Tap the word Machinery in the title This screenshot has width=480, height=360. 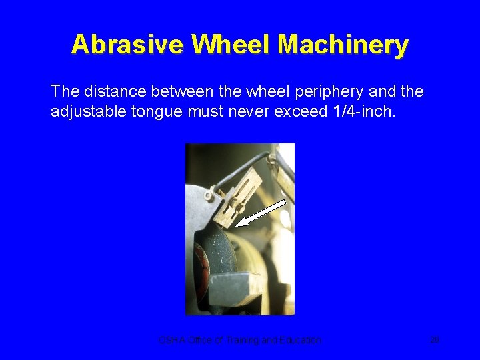(343, 45)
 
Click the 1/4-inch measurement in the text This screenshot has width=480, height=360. (361, 111)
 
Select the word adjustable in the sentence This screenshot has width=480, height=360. (87, 111)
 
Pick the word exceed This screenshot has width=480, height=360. (297, 111)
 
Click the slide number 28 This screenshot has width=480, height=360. (435, 340)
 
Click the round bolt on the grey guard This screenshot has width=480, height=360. (209, 196)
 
